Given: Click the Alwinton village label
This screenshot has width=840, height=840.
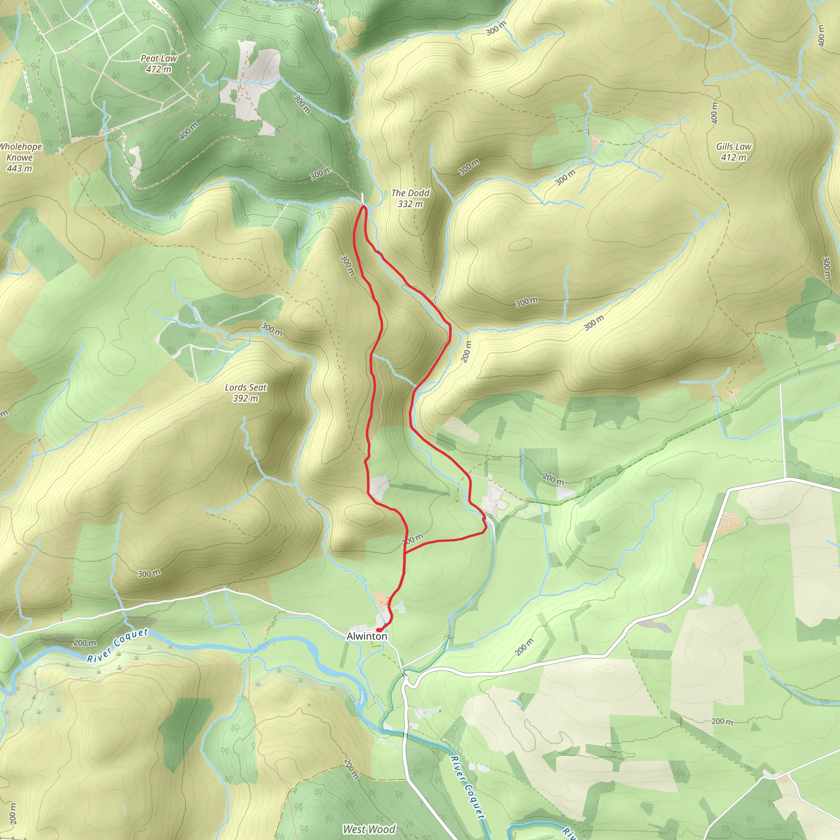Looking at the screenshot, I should coord(367,636).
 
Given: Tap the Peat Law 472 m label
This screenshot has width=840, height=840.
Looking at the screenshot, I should coord(159,64).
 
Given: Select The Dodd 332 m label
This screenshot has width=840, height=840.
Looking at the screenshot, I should coord(410,198).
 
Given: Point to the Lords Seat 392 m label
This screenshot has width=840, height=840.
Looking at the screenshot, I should coord(246,393).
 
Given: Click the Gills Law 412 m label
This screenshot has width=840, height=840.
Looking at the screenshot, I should coord(733,152).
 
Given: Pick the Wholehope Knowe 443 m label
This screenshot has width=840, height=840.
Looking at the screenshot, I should coord(20,157).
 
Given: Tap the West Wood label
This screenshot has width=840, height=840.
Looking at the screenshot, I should coord(369,829).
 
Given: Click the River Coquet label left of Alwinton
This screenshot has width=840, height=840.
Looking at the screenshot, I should coord(117,646).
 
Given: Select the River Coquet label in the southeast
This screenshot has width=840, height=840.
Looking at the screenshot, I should coord(468,787).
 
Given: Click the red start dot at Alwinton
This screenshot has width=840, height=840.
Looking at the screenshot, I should coord(379,630).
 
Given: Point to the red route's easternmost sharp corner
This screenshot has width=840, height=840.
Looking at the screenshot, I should coord(485,531).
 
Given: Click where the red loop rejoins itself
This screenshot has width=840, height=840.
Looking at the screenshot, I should coord(405,553).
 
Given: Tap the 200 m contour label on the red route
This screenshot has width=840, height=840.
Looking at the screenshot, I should coord(412,540).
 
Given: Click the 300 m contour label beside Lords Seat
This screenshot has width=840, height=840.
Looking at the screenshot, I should coord(272,329).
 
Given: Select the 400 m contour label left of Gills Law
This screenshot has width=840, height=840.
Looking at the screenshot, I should coord(714,113).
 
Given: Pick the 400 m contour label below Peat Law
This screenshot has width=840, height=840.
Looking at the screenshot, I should coord(188,131).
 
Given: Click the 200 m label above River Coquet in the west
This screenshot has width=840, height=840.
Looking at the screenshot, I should coord(85,643).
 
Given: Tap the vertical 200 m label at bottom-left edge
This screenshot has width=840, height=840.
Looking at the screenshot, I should coord(13,813).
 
